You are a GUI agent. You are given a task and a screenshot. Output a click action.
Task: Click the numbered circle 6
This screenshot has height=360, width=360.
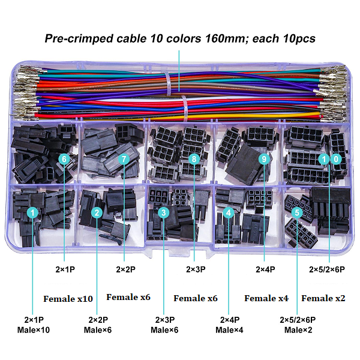click(x=64, y=159)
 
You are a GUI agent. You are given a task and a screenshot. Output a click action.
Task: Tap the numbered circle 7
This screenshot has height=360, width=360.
click(x=124, y=159)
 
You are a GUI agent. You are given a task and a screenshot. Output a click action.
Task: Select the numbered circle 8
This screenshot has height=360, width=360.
click(x=194, y=159)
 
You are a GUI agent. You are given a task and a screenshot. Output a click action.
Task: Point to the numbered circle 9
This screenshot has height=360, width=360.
click(x=264, y=159)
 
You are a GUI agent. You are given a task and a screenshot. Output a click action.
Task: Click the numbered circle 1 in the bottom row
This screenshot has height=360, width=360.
click(x=32, y=212)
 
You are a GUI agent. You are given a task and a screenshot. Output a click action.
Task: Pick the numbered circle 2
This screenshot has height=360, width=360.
click(x=97, y=212)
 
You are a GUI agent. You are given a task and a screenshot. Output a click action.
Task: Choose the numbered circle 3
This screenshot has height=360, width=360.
click(x=164, y=212)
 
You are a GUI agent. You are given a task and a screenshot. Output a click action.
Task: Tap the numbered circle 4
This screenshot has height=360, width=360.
click(x=229, y=212)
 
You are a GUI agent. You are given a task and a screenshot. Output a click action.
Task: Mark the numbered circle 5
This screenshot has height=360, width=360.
click(x=297, y=212)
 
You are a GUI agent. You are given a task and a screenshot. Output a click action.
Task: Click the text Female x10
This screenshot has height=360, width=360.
click(x=68, y=299)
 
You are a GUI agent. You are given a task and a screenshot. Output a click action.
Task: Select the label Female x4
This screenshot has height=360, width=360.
click(x=266, y=298)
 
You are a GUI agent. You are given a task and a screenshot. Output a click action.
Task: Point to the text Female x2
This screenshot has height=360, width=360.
click(x=323, y=298)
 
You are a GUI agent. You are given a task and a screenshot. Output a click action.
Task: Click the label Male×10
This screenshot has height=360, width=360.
click(x=34, y=330)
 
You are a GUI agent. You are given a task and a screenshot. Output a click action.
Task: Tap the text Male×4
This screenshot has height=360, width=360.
click(x=229, y=330)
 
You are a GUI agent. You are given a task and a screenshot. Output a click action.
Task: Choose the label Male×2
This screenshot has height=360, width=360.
click(x=298, y=330)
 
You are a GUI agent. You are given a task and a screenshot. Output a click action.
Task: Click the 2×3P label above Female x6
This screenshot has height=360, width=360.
click(x=196, y=269)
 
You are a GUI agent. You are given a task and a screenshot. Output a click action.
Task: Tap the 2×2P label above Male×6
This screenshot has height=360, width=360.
click(x=98, y=320)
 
